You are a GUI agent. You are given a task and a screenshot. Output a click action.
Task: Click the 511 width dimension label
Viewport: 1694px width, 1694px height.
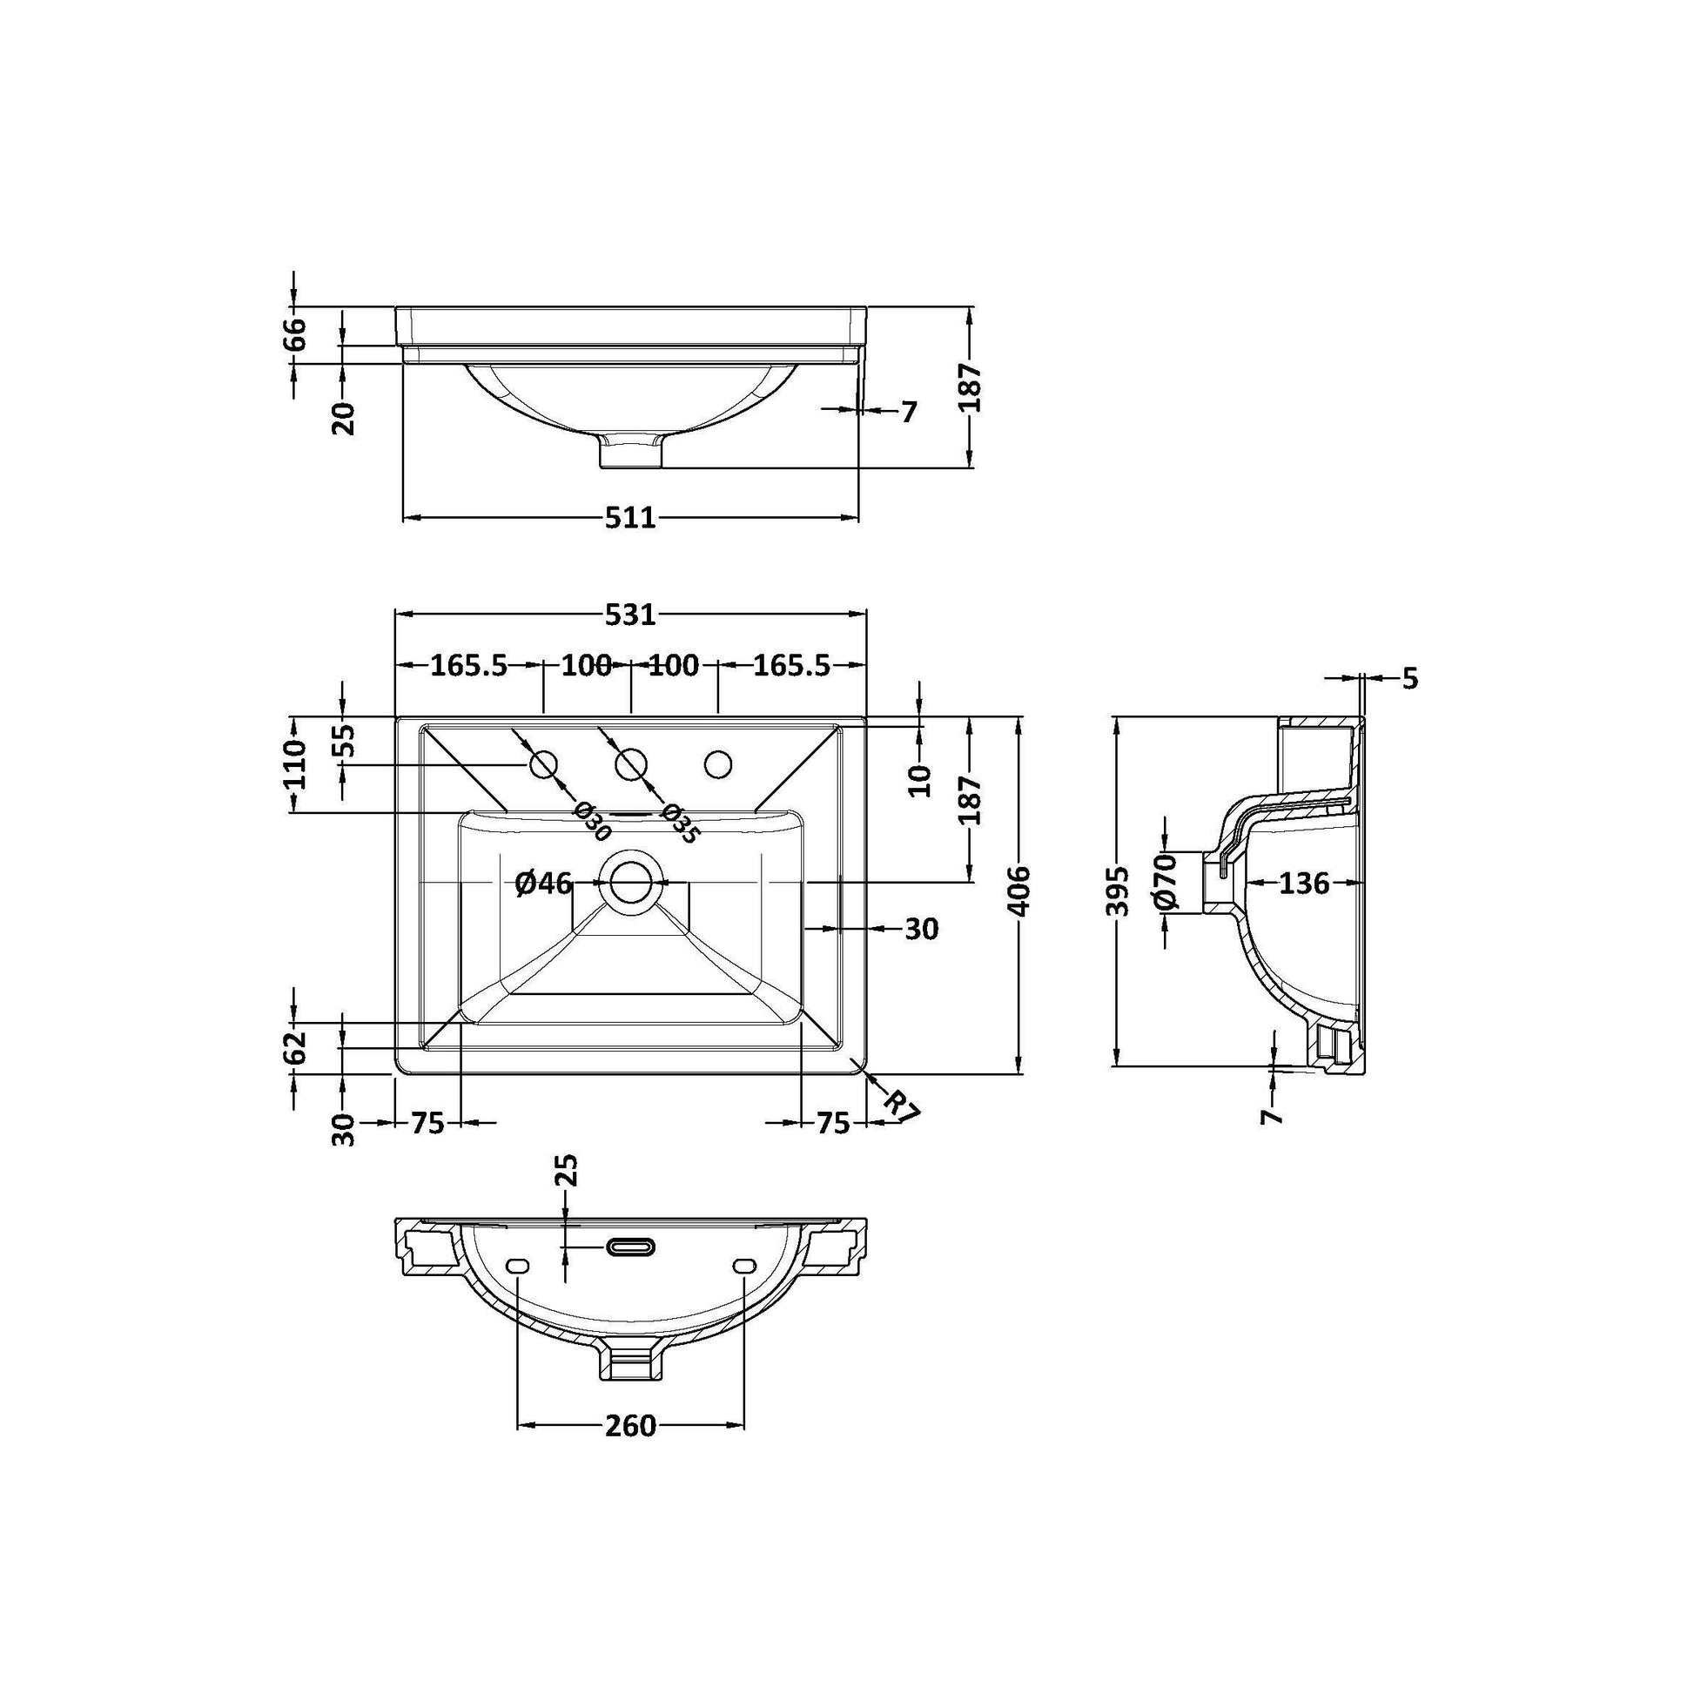pyautogui.click(x=630, y=518)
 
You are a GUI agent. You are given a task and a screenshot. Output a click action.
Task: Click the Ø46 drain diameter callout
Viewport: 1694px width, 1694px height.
pyautogui.click(x=543, y=883)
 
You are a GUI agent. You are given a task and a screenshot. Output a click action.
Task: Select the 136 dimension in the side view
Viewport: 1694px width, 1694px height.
pyautogui.click(x=1304, y=883)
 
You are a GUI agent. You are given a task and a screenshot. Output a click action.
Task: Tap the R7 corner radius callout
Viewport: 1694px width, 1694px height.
pyautogui.click(x=900, y=1105)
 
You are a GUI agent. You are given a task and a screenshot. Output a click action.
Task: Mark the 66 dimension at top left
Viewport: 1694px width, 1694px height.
pyautogui.click(x=296, y=334)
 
